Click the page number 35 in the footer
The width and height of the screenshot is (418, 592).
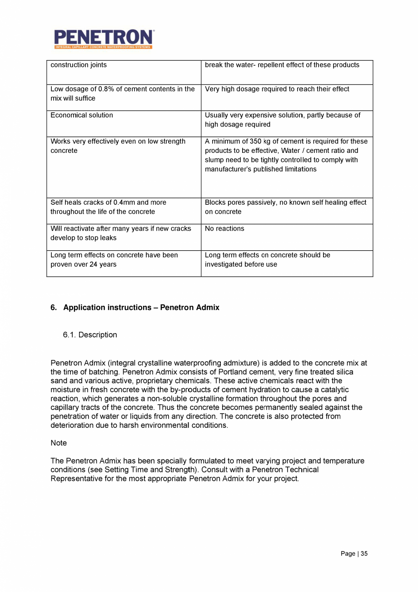364,554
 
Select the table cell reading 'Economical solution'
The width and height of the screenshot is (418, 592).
82,115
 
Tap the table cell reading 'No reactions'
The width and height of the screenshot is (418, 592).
224,228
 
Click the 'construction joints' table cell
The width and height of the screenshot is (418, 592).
79,65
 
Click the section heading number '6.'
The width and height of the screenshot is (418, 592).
54,308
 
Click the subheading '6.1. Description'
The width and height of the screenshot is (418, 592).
90,335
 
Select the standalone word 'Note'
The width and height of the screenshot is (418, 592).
59,443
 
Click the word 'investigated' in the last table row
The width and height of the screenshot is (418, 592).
224,264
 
